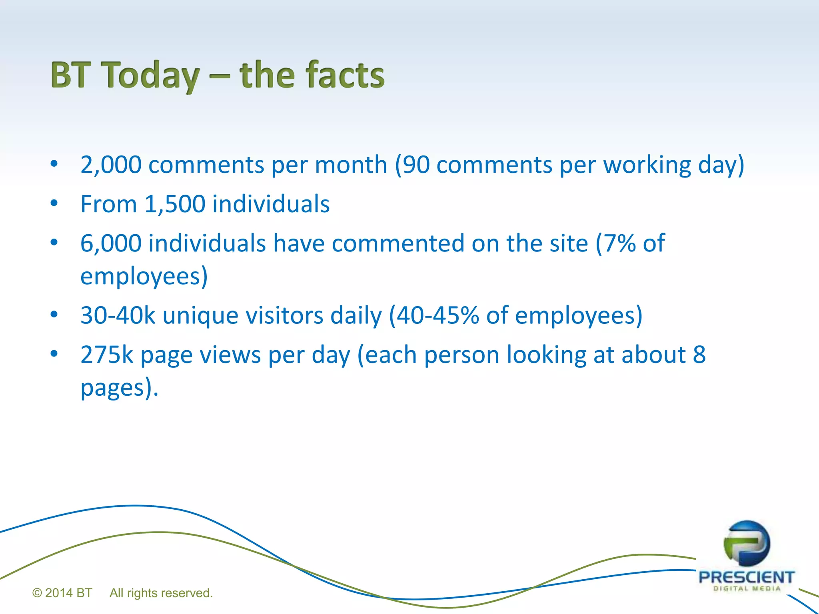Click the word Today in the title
pyautogui.click(x=150, y=75)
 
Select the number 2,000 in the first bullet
pyautogui.click(x=111, y=165)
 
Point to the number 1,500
pyautogui.click(x=175, y=204)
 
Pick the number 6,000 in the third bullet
pyautogui.click(x=111, y=243)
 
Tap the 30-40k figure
pyautogui.click(x=118, y=315)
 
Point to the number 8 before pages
pyautogui.click(x=699, y=355)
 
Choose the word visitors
pyautogui.click(x=284, y=315)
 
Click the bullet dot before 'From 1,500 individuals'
pyautogui.click(x=54, y=203)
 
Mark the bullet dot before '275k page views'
pyautogui.click(x=54, y=354)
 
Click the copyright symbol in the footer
pyautogui.click(x=37, y=593)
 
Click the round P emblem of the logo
pyautogui.click(x=747, y=544)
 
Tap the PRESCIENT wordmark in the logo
pyautogui.click(x=746, y=577)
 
